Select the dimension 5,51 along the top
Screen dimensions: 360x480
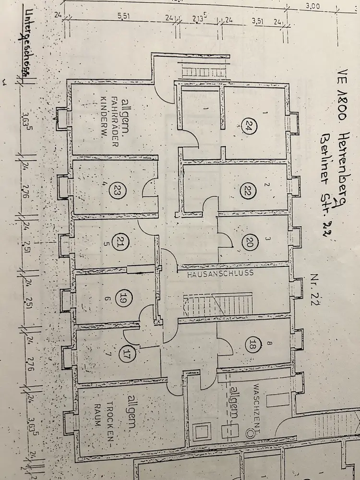point(123,15)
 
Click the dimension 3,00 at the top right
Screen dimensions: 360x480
point(312,6)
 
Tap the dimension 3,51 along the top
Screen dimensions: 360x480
point(258,21)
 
